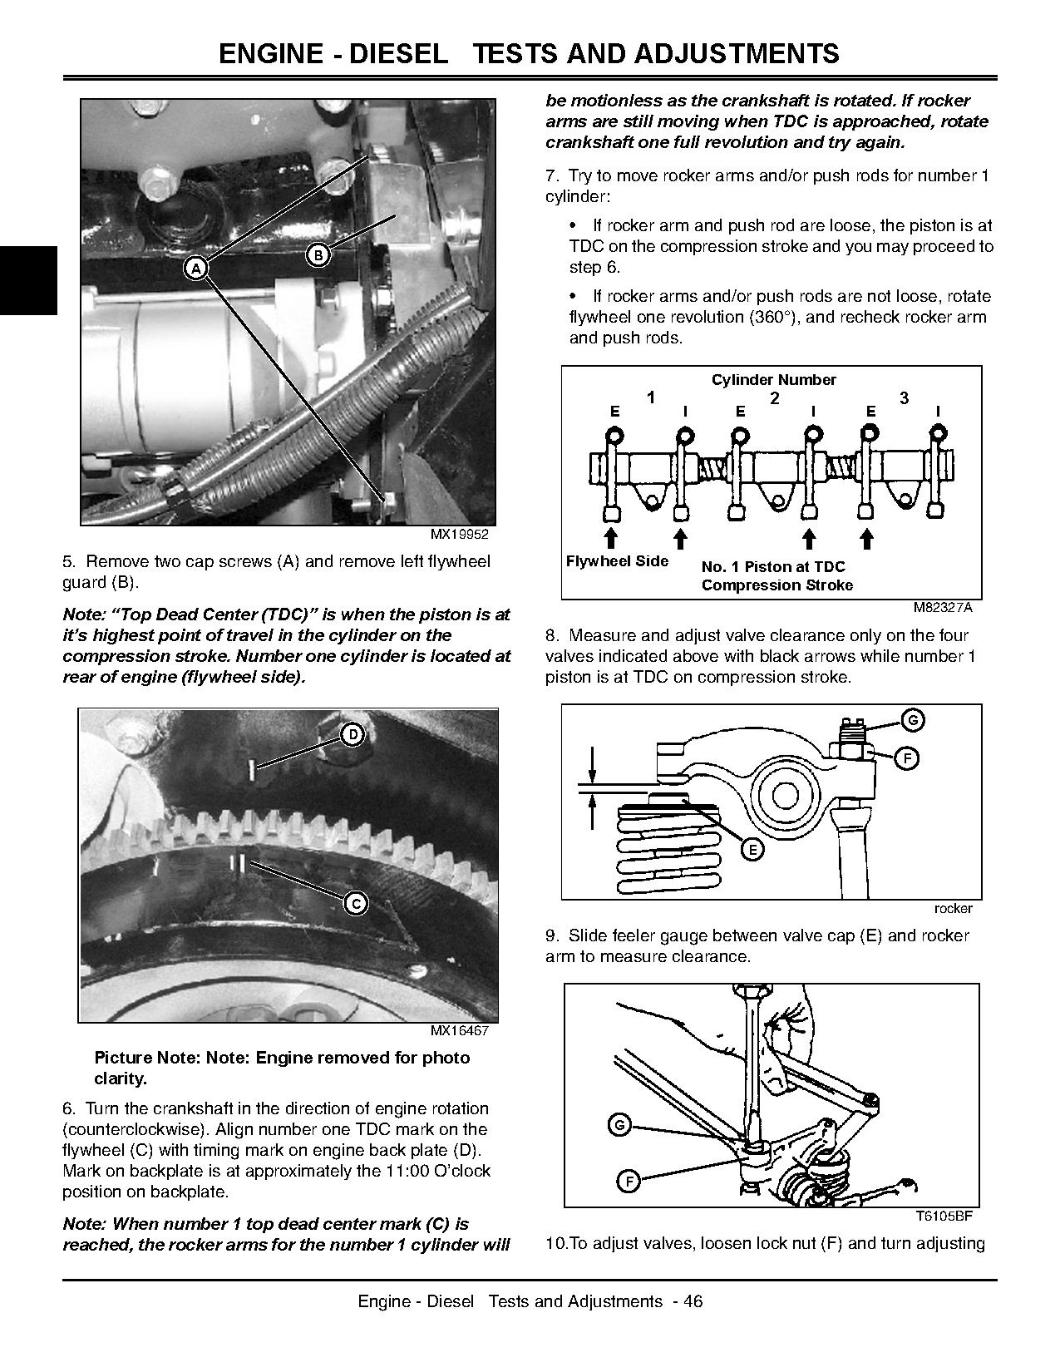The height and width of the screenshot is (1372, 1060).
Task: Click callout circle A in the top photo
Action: tap(195, 268)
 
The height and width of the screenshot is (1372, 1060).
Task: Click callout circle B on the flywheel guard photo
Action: tap(318, 255)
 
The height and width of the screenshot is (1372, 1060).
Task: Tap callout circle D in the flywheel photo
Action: tap(353, 734)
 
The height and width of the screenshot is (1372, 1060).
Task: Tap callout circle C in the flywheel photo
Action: tap(356, 904)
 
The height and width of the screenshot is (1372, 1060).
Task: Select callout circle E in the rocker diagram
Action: tap(752, 849)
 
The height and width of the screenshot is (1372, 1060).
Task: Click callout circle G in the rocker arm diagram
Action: tap(912, 720)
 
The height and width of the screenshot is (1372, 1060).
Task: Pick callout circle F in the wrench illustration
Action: tap(629, 1180)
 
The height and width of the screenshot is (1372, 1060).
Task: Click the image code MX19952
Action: tap(459, 535)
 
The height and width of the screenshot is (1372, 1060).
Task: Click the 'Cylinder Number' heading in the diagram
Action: tap(773, 380)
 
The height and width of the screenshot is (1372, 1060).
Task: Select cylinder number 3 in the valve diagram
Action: tap(904, 398)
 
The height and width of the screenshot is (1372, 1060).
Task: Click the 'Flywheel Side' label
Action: tap(617, 561)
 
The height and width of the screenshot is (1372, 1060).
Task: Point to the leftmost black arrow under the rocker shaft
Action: tap(610, 536)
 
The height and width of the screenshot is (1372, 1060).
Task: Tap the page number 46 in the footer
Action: tap(693, 1301)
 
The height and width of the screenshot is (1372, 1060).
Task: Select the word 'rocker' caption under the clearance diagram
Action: tap(953, 908)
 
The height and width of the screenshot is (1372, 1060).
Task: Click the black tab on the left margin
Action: tap(28, 280)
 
